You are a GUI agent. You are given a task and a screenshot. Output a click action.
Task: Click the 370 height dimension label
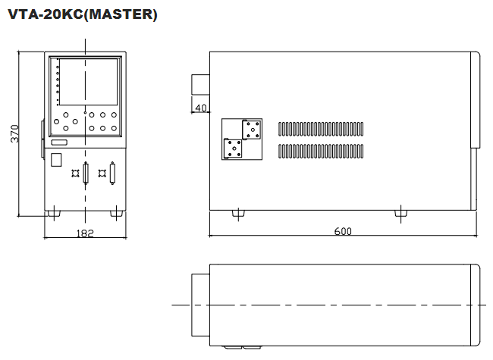click(x=14, y=133)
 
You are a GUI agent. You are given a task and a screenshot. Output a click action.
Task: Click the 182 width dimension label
click(x=85, y=233)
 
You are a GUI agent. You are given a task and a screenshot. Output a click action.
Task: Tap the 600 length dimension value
click(x=343, y=231)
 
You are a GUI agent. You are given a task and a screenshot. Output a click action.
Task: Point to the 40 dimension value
click(x=201, y=108)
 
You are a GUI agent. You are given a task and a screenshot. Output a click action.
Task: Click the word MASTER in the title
click(x=121, y=14)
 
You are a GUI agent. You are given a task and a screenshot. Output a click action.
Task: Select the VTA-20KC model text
click(x=46, y=14)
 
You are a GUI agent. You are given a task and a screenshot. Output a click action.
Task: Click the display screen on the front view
click(x=88, y=82)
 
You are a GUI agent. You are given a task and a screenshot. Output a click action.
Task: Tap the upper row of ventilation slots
click(x=321, y=129)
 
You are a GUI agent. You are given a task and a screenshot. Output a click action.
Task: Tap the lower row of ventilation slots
click(x=321, y=151)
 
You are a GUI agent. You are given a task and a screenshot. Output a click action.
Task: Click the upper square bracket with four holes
click(x=252, y=130)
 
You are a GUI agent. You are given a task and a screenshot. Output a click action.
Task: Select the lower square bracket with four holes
click(x=233, y=149)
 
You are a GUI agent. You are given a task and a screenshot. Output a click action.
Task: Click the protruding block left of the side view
click(x=200, y=84)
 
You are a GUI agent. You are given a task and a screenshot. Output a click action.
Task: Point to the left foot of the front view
click(x=54, y=214)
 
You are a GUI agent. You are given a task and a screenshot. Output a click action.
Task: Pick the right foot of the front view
click(x=116, y=214)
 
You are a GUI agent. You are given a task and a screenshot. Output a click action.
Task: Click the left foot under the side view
click(x=238, y=214)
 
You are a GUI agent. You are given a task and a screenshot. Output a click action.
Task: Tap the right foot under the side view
click(x=400, y=214)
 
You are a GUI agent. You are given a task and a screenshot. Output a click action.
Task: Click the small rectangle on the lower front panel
click(x=56, y=160)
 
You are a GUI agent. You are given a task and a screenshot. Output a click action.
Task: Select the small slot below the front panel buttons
click(x=59, y=142)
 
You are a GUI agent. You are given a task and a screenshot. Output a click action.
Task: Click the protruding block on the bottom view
click(x=200, y=305)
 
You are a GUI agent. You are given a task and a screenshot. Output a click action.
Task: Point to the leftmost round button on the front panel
click(x=57, y=121)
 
